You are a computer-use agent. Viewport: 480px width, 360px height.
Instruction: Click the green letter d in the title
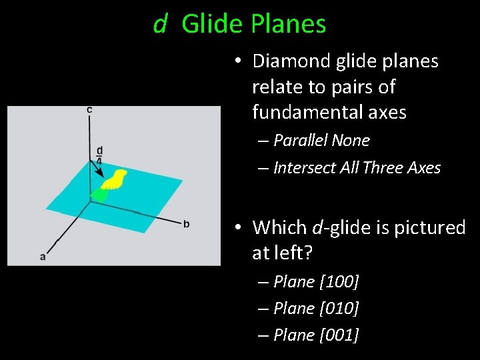click(x=160, y=24)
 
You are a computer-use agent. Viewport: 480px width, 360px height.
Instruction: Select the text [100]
click(x=339, y=282)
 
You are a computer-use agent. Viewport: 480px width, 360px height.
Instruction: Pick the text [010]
click(x=339, y=309)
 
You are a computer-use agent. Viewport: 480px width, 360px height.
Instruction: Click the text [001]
click(x=339, y=335)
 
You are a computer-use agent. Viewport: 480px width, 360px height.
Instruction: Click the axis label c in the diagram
click(x=90, y=109)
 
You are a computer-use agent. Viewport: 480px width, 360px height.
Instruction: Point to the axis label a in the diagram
click(x=43, y=255)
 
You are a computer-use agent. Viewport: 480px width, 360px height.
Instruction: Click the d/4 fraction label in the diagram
click(x=99, y=155)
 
